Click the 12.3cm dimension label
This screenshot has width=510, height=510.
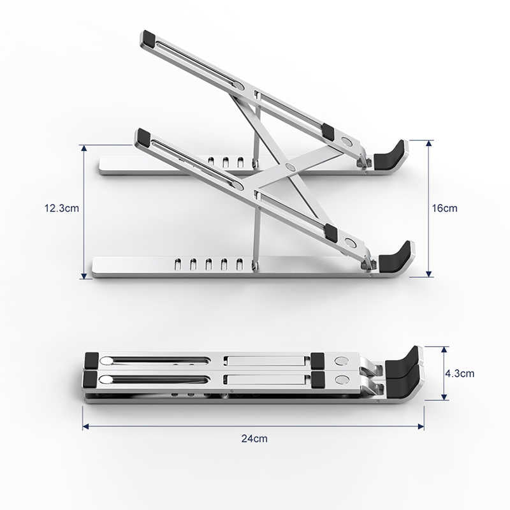point(61,208)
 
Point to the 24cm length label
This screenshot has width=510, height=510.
point(254,438)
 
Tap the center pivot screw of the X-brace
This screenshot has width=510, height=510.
point(291,167)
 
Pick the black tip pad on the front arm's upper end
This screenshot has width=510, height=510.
point(142,136)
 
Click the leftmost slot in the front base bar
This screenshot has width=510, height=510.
point(178,264)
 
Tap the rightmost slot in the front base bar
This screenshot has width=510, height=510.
point(240,264)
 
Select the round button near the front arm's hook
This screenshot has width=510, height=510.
point(350,243)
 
